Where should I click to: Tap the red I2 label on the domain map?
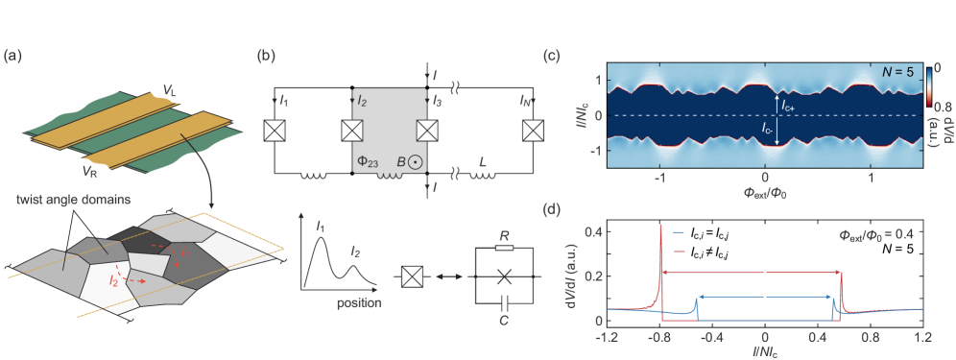(113, 281)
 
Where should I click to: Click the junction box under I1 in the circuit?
(276, 132)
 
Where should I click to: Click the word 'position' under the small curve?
(360, 303)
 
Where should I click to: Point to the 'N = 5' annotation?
(901, 73)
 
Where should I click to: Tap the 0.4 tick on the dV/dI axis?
(594, 231)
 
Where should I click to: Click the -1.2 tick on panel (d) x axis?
(606, 338)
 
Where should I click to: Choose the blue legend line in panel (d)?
(679, 232)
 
